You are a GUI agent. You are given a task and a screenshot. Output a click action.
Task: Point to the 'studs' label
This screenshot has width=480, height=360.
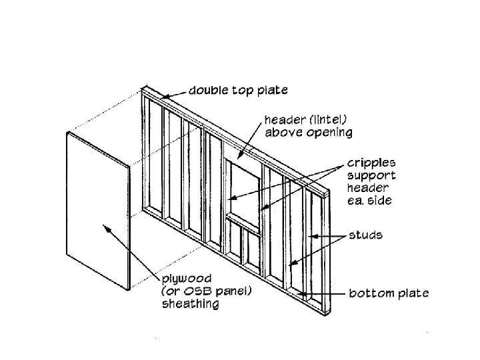365,235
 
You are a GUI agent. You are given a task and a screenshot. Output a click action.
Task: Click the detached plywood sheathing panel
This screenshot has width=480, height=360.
97,210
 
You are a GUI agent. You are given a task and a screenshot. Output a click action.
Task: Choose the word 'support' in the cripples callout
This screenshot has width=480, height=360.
371,175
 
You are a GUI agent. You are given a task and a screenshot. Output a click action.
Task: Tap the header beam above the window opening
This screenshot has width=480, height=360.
240,155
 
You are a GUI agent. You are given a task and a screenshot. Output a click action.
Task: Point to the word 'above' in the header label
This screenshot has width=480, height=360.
283,132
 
